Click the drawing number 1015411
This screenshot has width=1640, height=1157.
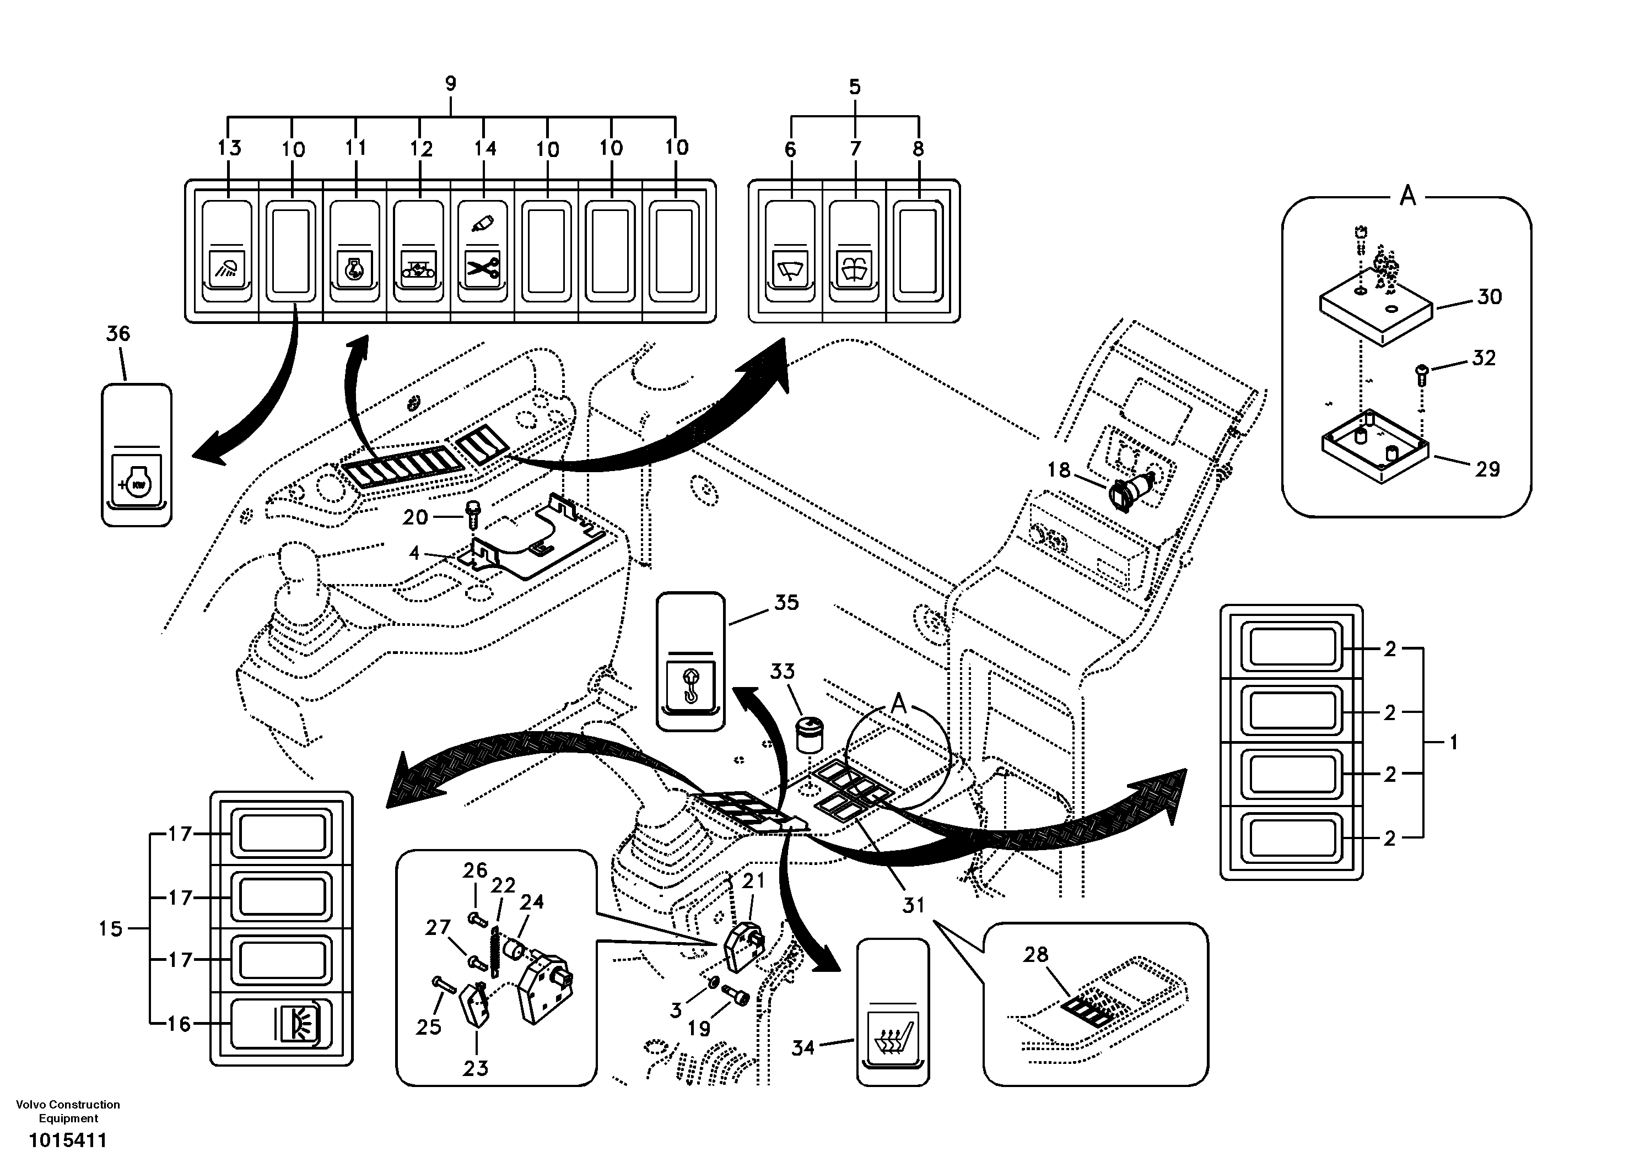[68, 1140]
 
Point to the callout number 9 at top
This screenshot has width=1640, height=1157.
[450, 84]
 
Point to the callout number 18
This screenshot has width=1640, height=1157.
[1059, 470]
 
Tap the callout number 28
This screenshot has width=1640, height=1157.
[1035, 954]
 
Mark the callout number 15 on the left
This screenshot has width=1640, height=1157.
[111, 928]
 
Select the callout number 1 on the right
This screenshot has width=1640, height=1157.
[1453, 743]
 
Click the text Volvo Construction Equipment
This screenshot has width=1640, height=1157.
[68, 1111]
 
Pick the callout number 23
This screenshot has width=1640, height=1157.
[475, 1068]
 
